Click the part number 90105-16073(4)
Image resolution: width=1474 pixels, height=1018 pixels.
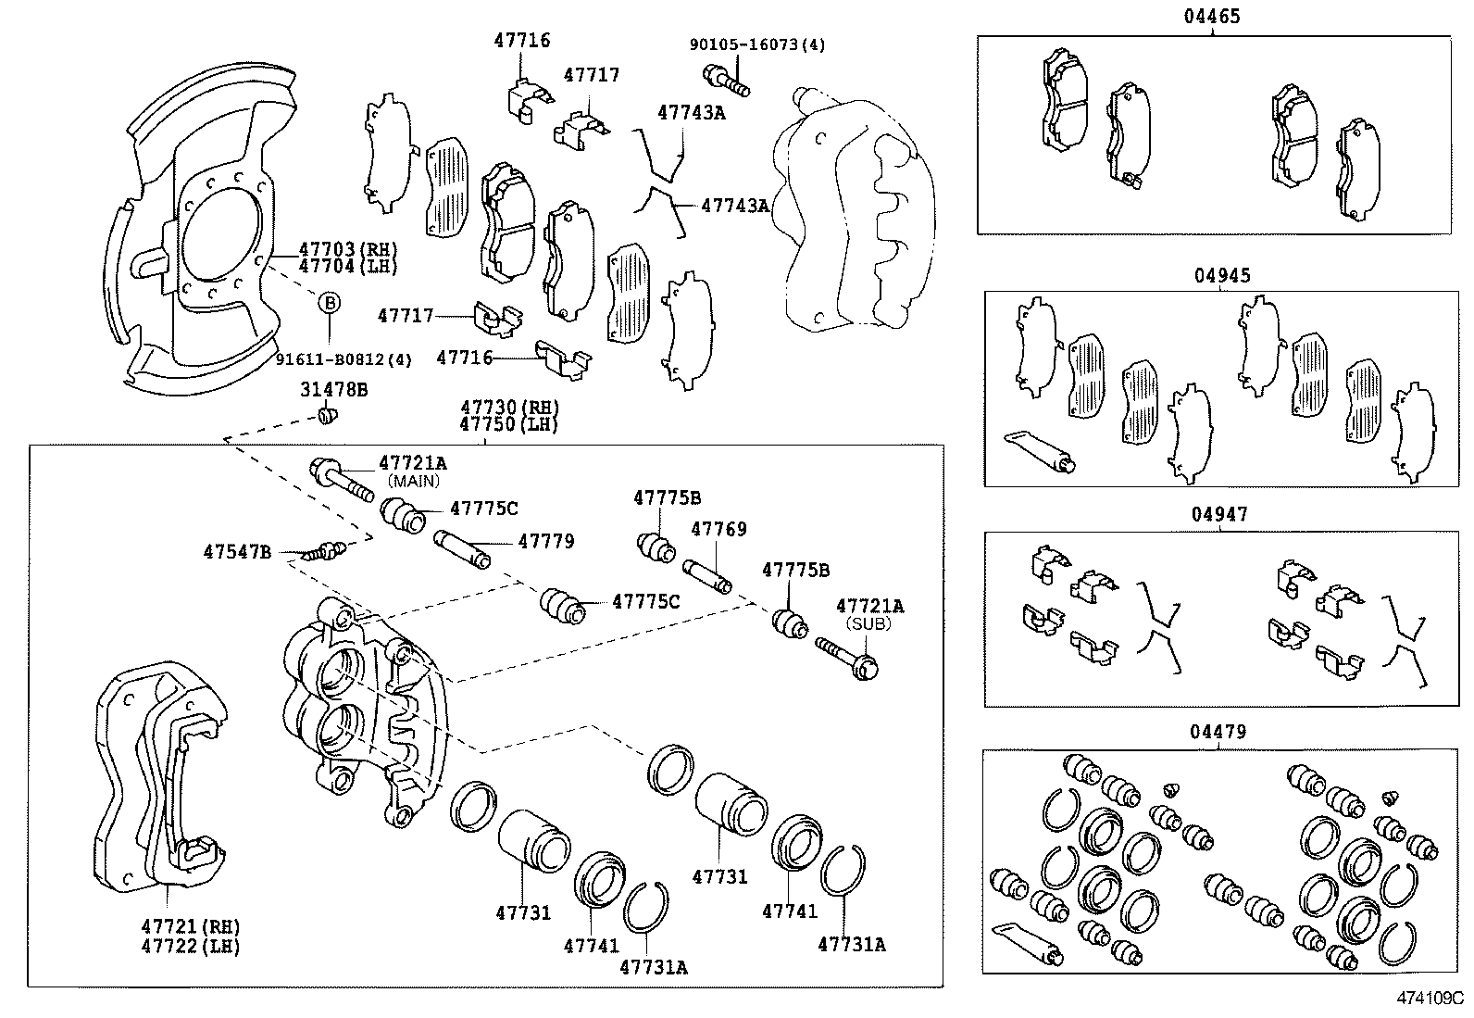[757, 44]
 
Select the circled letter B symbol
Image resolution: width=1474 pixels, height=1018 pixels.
[330, 302]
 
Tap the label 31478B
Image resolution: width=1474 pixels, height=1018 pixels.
[333, 390]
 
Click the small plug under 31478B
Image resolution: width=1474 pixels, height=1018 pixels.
[326, 416]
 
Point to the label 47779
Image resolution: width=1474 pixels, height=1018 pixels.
[545, 541]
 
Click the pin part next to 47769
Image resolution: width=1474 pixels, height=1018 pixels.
[707, 576]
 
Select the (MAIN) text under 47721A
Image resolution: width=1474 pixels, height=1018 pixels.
[414, 481]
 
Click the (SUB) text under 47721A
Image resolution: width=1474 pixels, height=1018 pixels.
[869, 623]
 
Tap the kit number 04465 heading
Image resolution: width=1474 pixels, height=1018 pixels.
[1211, 17]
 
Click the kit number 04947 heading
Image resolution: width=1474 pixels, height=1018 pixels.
[1220, 514]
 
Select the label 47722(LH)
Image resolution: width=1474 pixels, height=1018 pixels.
[191, 946]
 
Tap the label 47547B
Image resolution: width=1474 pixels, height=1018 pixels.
[237, 552]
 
